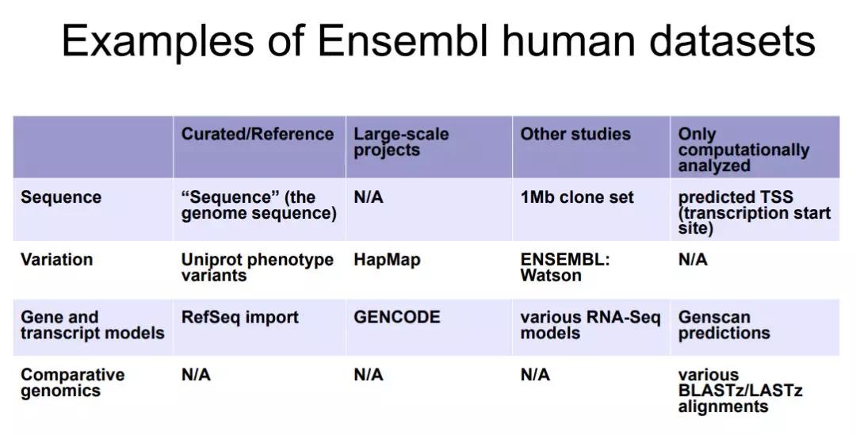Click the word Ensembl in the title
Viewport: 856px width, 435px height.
(402, 40)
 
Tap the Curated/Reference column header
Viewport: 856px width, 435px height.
(257, 134)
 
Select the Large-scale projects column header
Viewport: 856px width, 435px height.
(401, 142)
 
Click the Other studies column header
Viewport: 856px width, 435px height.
(575, 134)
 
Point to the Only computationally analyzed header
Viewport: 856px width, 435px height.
(743, 150)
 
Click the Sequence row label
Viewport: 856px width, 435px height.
(60, 197)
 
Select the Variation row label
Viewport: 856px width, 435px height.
(57, 259)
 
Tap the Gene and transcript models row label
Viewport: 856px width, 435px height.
(92, 325)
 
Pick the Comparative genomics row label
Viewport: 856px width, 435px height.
(73, 383)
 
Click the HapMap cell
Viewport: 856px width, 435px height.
(387, 260)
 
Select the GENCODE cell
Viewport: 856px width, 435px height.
(397, 317)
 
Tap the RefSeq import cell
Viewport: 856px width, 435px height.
(239, 318)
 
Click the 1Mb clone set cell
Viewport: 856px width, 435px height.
(577, 197)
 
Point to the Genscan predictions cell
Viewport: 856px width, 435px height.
(724, 326)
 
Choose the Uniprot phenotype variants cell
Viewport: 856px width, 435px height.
(257, 267)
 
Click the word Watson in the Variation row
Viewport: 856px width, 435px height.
(551, 275)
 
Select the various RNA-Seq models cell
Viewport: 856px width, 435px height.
(590, 325)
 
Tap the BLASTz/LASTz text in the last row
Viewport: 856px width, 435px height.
(740, 391)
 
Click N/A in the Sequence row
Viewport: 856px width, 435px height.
(369, 197)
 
